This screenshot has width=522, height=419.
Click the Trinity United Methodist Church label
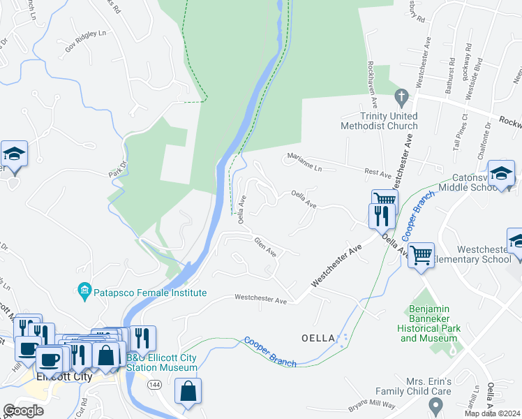(x=379, y=121)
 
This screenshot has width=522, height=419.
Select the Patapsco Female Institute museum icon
(x=84, y=289)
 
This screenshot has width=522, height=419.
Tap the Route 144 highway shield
(x=154, y=384)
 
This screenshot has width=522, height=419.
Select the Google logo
(x=23, y=411)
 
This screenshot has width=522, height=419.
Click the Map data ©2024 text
(x=492, y=413)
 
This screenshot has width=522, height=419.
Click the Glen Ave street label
(x=266, y=247)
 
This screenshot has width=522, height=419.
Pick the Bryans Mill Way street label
(x=372, y=407)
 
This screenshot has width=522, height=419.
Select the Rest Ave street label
(x=377, y=171)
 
